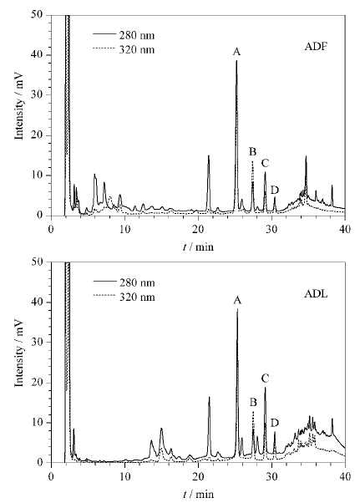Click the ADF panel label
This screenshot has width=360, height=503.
[316, 47]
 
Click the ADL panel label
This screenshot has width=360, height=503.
[316, 294]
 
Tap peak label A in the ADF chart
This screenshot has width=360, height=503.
[236, 52]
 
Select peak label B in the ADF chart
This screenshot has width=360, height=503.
[252, 151]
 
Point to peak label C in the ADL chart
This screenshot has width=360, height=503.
[265, 379]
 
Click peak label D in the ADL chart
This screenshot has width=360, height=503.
[275, 423]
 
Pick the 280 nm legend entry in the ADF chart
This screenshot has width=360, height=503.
[124, 35]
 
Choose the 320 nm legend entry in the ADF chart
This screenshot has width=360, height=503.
[124, 50]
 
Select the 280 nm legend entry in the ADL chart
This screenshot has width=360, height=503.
[124, 282]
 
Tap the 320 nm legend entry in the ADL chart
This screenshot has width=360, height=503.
[124, 297]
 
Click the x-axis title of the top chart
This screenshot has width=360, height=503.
[198, 246]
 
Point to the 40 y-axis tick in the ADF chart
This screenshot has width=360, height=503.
[39, 55]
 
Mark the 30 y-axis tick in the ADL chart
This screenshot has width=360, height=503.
[39, 342]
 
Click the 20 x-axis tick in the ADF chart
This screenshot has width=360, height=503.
[199, 229]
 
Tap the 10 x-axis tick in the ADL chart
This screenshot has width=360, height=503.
[125, 476]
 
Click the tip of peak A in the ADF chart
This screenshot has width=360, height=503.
[236, 60]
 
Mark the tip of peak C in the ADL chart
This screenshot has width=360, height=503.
[265, 388]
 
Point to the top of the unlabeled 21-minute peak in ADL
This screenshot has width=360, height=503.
[210, 397]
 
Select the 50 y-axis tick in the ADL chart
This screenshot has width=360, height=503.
[39, 262]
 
